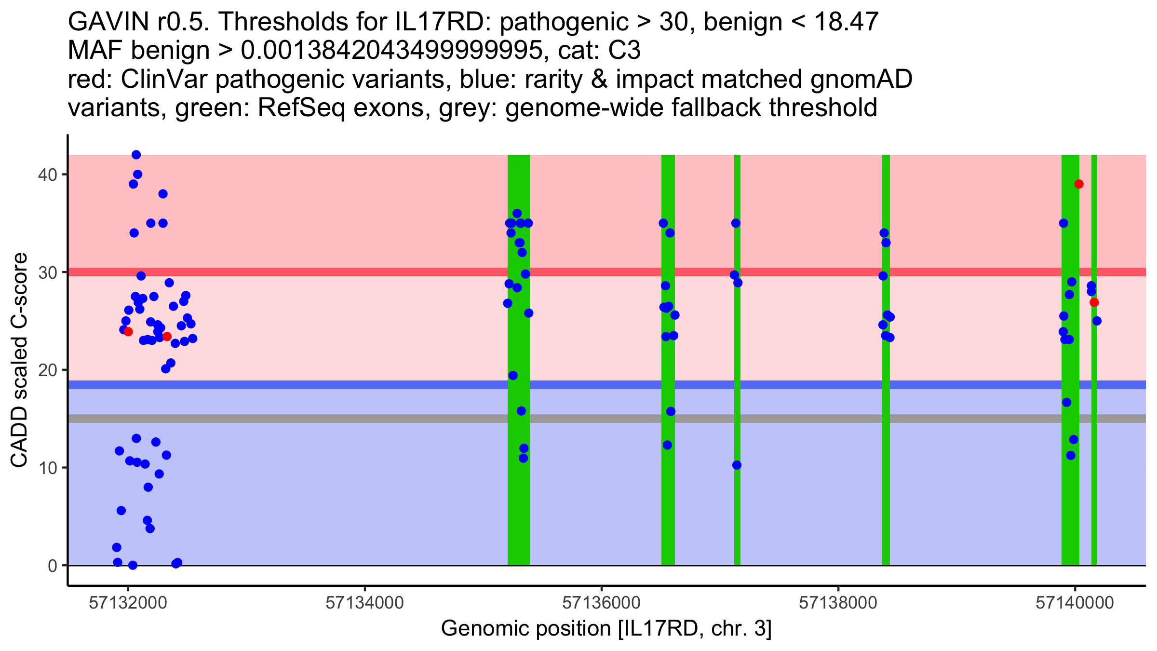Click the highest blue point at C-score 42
[136, 155]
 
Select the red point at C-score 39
[1079, 184]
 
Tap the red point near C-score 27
[1094, 302]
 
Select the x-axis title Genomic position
[606, 629]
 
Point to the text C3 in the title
[625, 50]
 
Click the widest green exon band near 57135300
[519, 506]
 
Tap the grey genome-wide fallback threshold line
[337, 419]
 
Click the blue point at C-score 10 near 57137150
[737, 465]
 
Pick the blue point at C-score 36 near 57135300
[517, 214]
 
